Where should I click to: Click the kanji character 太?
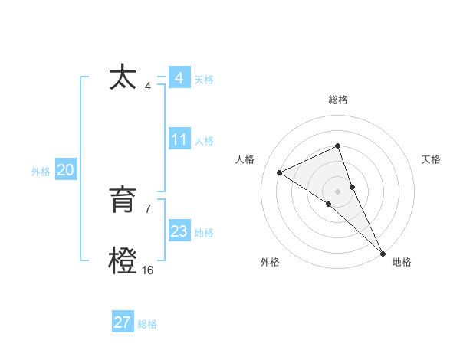[123, 78]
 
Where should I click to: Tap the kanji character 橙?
[123, 261]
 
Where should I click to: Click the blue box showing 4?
[179, 78]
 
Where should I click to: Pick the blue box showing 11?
[179, 139]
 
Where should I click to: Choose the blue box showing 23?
[179, 231]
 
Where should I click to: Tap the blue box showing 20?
[65, 171]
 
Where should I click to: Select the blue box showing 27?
[122, 322]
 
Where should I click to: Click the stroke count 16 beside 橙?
[147, 270]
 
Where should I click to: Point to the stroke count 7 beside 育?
[147, 208]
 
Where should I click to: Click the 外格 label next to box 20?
[41, 172]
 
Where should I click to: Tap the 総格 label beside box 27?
[147, 324]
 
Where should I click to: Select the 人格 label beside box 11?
[204, 141]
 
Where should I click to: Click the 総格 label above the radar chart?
[337, 100]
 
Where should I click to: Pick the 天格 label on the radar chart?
[431, 159]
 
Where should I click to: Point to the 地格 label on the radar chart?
[402, 262]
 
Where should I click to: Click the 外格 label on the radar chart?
[270, 262]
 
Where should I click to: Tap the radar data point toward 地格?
[383, 252]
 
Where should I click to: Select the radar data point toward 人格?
[280, 172]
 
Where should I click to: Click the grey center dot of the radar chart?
[337, 190]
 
